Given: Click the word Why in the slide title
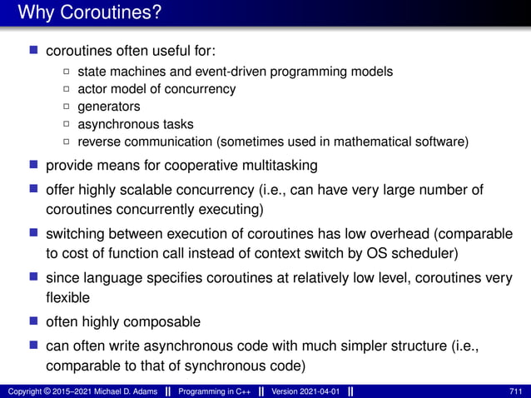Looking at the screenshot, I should [34, 14].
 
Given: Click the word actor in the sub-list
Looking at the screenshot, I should [92, 89].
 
